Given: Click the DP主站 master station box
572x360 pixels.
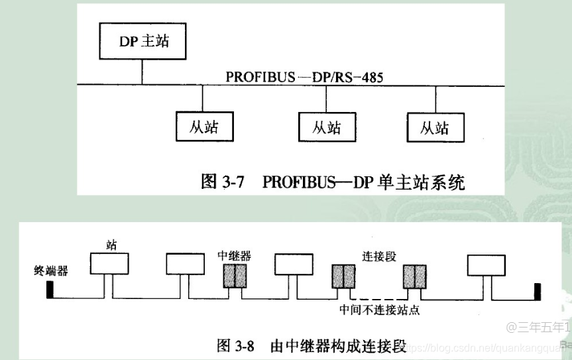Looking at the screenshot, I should (x=143, y=41).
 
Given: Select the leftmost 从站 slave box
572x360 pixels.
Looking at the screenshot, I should (x=203, y=126).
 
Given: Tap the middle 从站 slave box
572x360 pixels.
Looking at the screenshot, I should (x=327, y=127).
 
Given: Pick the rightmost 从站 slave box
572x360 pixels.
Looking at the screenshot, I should (x=435, y=127).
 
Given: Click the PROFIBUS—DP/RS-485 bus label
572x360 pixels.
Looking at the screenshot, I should (x=304, y=77).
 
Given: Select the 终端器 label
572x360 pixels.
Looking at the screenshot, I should (x=51, y=271).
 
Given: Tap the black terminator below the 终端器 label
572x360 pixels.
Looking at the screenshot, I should (x=50, y=290).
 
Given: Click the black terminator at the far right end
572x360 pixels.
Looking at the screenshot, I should (x=537, y=290).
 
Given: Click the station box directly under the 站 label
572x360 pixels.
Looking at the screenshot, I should (x=109, y=265).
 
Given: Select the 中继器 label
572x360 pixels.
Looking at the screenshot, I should (x=234, y=255).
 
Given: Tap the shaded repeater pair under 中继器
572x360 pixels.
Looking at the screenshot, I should (x=234, y=275).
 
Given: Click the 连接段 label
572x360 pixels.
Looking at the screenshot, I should (x=379, y=255).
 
